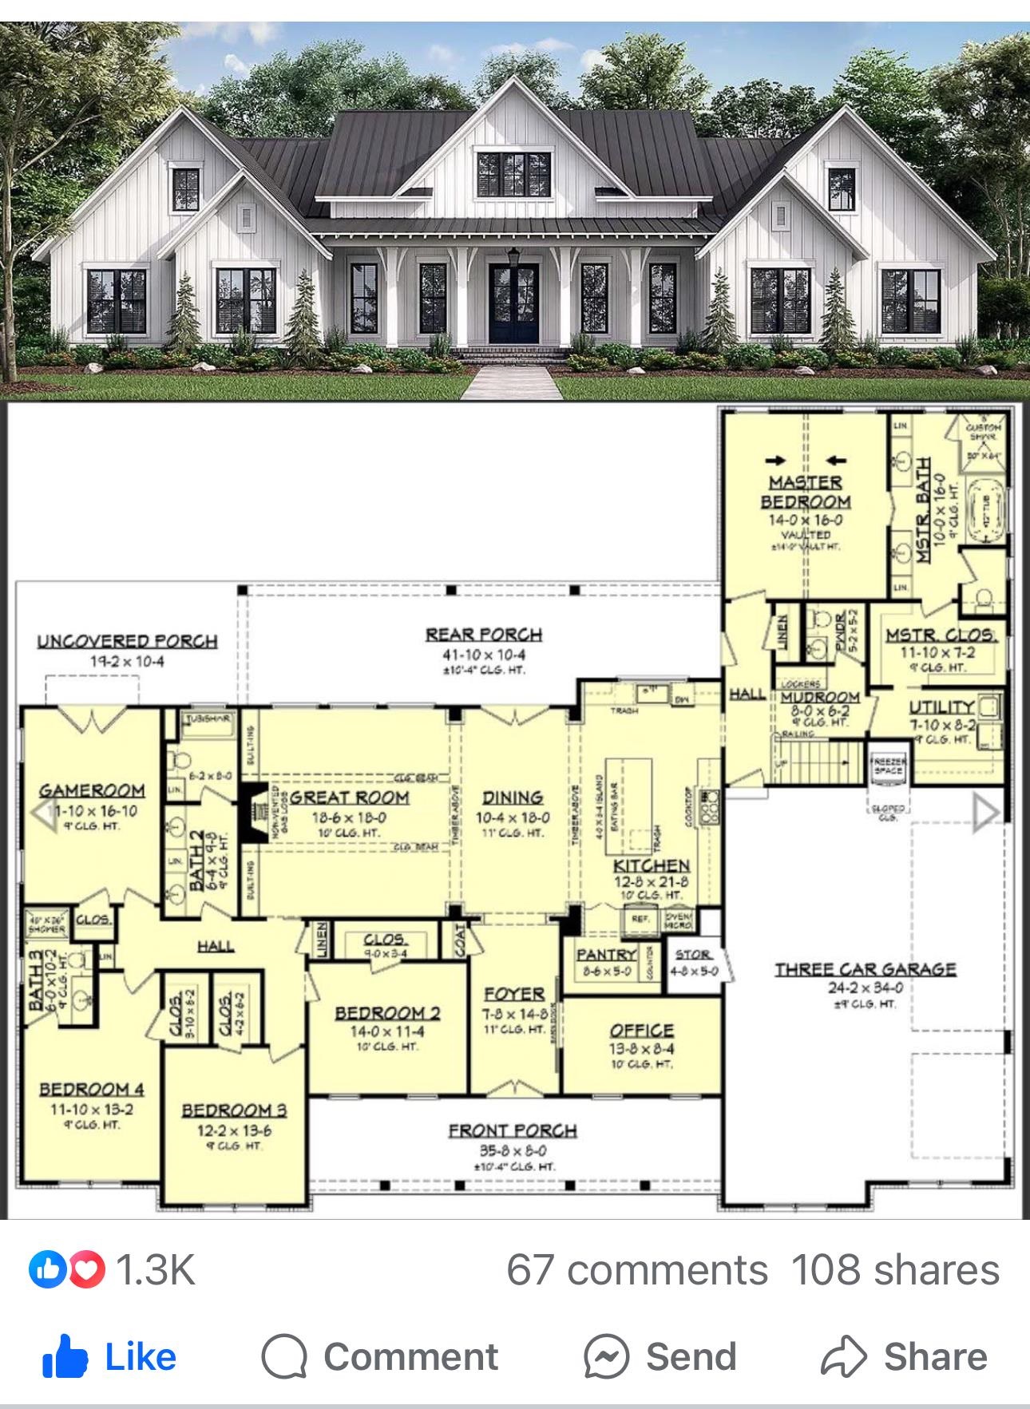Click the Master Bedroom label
(805, 492)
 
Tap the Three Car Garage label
(865, 969)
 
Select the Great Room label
(349, 797)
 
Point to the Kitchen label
(652, 865)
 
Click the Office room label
(642, 1031)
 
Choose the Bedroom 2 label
(387, 1013)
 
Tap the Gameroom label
(93, 790)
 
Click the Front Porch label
(513, 1130)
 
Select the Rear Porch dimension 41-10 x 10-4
(484, 655)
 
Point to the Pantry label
(606, 954)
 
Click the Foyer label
(515, 994)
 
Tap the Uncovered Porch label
(128, 641)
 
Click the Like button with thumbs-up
(109, 1356)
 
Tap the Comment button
(380, 1356)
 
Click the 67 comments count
(636, 1269)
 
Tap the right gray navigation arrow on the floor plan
(986, 813)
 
